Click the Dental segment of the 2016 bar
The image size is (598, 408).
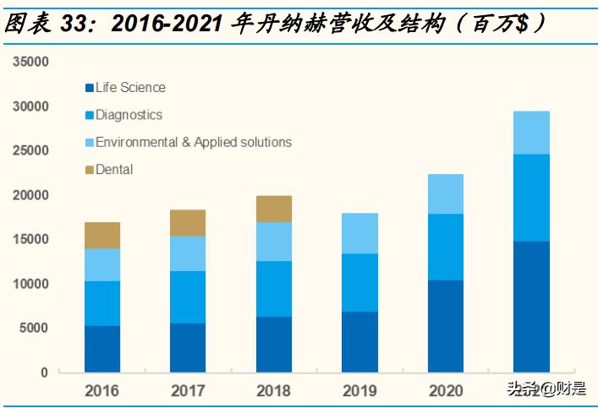(101, 235)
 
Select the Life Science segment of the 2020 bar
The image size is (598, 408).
(445, 325)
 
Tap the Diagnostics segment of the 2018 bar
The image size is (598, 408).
(273, 289)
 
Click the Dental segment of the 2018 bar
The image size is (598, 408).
(273, 209)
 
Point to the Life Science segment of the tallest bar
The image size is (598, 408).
(531, 306)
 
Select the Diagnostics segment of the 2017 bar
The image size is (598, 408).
(188, 296)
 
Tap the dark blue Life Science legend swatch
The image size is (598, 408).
(88, 88)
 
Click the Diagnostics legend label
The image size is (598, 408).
(129, 115)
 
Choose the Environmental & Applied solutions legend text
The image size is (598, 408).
(193, 142)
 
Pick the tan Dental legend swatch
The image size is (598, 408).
(88, 170)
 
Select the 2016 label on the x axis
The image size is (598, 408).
(101, 391)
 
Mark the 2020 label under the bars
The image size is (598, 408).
(445, 391)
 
